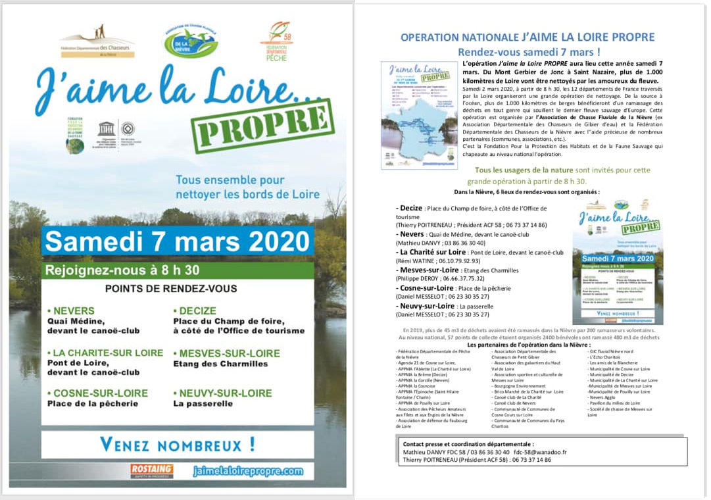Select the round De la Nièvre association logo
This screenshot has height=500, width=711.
190,41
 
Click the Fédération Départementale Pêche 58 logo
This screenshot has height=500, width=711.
276,41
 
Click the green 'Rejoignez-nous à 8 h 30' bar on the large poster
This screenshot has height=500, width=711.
122,269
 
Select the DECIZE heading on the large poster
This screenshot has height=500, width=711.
195,311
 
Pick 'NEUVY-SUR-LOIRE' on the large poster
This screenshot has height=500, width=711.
222,393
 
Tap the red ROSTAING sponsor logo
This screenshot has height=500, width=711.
152,470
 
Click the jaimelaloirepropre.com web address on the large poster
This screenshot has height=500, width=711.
249,471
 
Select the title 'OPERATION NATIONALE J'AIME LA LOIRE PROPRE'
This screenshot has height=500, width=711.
527,37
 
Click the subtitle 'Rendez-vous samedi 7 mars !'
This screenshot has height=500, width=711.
529,52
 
